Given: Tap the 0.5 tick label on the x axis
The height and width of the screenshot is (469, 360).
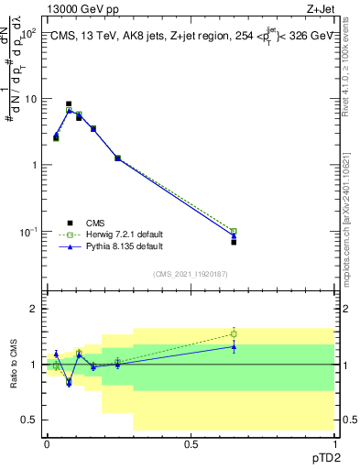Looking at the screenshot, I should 191,444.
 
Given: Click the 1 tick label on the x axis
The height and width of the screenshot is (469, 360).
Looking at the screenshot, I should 334,444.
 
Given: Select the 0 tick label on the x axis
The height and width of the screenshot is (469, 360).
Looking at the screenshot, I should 47,444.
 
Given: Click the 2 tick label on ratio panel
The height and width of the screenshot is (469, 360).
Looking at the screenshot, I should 34,309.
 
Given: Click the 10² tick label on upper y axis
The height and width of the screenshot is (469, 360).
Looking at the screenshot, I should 28,33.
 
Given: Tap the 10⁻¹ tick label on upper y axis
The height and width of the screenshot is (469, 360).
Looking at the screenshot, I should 28,231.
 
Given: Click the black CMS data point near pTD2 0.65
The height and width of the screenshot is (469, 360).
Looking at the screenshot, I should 234,242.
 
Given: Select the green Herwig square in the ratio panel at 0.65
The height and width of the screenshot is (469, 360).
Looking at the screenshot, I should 234,333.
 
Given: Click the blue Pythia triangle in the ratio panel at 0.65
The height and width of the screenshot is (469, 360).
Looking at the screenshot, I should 234,346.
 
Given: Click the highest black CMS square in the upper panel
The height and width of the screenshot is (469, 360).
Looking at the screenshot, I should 69,104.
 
